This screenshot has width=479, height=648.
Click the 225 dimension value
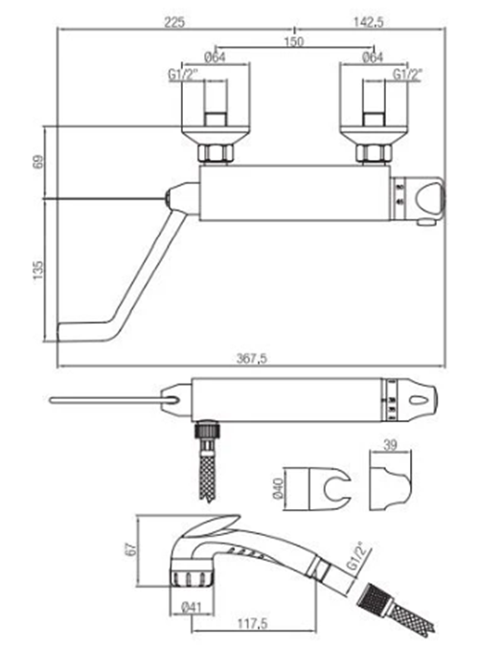[174, 22]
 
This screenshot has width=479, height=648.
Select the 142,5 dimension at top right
[368, 22]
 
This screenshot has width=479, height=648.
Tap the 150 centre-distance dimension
[294, 41]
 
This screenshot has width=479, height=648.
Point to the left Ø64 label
[216, 57]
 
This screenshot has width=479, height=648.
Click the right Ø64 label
[373, 57]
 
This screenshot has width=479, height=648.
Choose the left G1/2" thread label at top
[183, 75]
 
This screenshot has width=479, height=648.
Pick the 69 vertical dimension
[37, 162]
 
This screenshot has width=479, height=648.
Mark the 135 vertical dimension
[37, 270]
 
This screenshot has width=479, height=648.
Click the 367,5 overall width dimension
[252, 358]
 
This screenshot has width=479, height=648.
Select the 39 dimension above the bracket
[390, 445]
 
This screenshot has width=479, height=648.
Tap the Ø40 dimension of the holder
[279, 488]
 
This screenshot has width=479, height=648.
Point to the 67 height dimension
[130, 549]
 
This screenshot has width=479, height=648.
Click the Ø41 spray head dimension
[191, 607]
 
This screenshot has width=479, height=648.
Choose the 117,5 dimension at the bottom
[252, 623]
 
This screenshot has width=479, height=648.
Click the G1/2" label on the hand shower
[355, 557]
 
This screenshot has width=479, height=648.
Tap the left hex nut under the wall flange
[215, 153]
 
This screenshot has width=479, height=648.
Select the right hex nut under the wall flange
[374, 153]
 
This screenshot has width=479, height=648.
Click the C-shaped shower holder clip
[338, 489]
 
